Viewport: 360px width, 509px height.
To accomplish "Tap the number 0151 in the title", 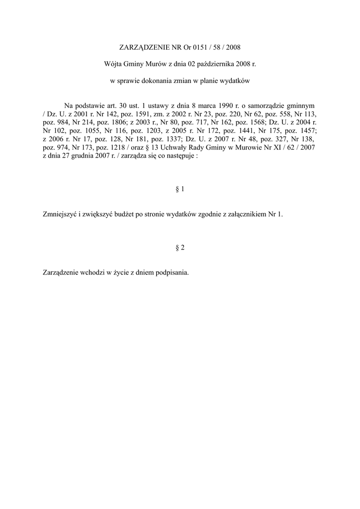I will tap(199, 48).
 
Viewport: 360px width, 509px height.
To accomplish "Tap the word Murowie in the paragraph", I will tap(249, 148).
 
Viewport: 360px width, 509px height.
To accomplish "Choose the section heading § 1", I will tap(180, 189).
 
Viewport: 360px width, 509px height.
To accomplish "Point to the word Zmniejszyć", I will tap(60, 214).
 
